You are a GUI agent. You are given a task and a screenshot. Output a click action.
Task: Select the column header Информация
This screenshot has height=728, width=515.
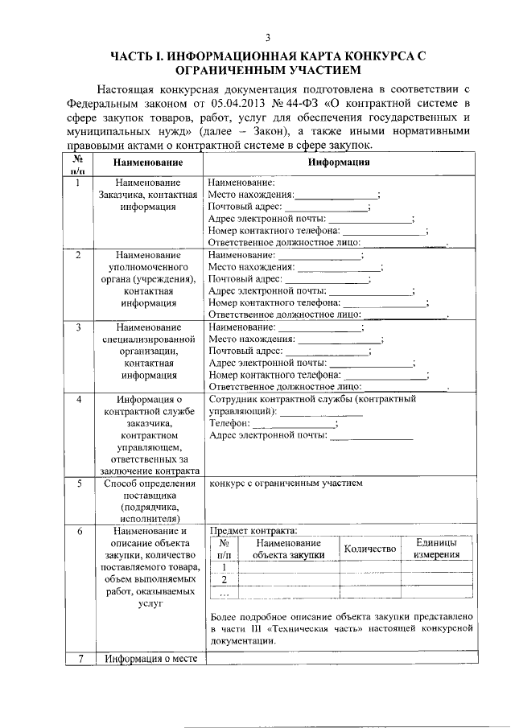pos(339,162)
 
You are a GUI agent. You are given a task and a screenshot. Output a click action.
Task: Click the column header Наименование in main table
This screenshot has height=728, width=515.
pos(147,162)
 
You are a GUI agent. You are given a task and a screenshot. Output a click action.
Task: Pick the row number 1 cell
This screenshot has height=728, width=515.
pos(77,183)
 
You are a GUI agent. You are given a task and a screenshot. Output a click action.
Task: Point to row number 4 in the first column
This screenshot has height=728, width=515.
pos(77,399)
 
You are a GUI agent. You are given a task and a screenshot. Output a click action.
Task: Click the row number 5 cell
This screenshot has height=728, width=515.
pos(77,483)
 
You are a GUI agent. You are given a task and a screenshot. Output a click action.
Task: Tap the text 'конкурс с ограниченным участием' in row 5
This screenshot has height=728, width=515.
pos(286,483)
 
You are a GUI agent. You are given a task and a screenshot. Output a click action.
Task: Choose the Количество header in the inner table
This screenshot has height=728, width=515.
pos(370,549)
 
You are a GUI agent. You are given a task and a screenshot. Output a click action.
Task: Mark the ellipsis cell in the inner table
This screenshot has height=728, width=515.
pos(225,594)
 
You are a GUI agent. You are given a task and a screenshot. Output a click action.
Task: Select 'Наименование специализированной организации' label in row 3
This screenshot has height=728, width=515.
pos(147,351)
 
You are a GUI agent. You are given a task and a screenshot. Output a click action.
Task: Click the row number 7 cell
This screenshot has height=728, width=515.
pos(77,660)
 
